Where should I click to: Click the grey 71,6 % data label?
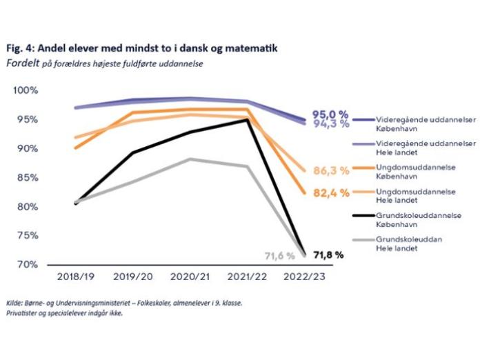coord(280,256)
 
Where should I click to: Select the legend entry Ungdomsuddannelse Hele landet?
coord(414,196)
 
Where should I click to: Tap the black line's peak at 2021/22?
coord(247,119)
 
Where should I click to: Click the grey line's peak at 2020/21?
coord(190,159)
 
